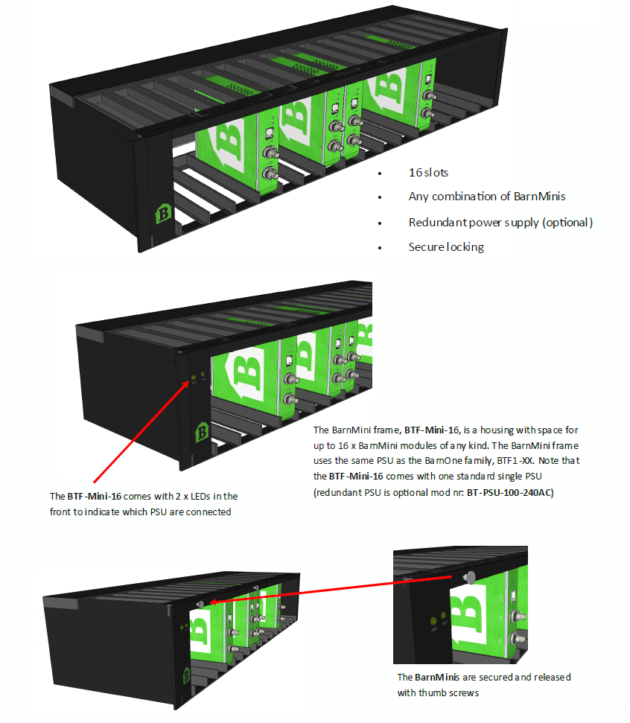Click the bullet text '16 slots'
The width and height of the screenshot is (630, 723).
pos(428,172)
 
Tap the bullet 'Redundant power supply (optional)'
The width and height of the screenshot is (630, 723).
pos(500,222)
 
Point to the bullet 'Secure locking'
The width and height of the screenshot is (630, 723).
pos(446,246)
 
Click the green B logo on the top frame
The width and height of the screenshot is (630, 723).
pos(162,214)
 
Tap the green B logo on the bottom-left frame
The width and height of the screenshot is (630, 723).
pos(185,676)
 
